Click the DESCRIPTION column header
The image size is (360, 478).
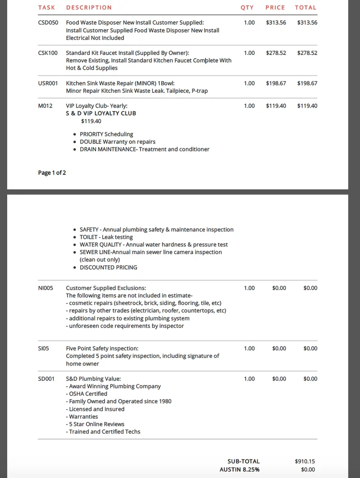click(89, 8)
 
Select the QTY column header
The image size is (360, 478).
click(247, 8)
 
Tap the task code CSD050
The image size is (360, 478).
click(48, 22)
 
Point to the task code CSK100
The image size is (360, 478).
click(48, 53)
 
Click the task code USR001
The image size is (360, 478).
click(48, 83)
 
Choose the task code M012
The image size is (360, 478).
click(45, 106)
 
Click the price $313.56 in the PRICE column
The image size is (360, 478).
click(276, 22)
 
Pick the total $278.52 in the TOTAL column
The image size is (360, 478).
click(307, 53)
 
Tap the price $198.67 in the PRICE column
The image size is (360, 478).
click(276, 83)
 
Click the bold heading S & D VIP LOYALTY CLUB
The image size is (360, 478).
click(101, 113)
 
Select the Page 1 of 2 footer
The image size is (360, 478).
click(52, 173)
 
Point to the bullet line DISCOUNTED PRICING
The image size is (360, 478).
click(109, 267)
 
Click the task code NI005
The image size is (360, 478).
click(46, 288)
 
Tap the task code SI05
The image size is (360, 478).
click(44, 348)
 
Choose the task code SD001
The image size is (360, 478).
click(46, 379)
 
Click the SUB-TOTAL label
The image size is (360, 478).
click(243, 461)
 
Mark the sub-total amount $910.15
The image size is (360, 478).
click(305, 461)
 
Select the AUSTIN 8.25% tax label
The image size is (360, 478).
click(240, 470)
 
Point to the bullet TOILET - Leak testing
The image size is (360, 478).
click(106, 237)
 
